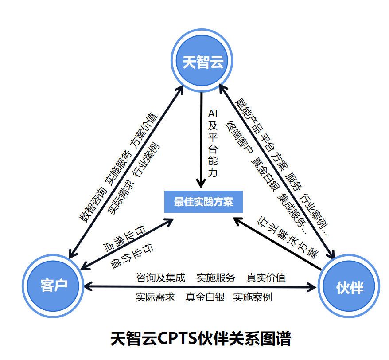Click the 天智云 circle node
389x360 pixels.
point(202,62)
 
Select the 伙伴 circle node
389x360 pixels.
point(350,287)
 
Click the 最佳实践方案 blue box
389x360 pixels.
point(203,202)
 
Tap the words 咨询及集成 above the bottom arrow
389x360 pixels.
point(160,278)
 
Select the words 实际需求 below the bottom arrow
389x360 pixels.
point(155,297)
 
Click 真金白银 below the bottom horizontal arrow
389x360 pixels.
point(205,297)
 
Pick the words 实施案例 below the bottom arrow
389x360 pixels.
point(253,297)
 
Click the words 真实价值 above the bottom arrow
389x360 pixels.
point(266,278)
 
